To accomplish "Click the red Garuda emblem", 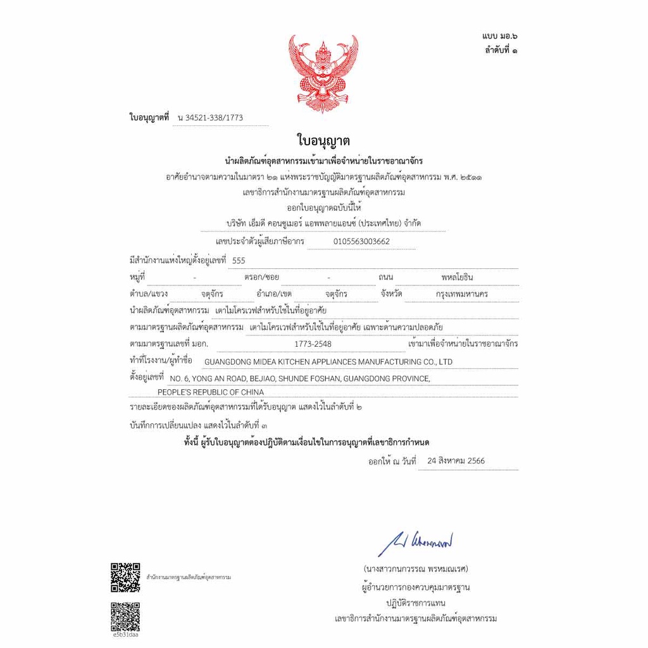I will click(323, 73).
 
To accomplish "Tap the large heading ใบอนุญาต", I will click(323, 140).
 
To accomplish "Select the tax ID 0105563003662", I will click(361, 241).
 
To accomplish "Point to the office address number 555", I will click(239, 260).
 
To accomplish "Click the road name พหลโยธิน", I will click(457, 277).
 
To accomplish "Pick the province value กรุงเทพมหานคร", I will click(462, 294).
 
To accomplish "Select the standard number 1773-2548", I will click(313, 344).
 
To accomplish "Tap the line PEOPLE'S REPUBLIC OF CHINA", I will click(211, 392).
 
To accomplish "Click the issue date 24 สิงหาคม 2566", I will click(456, 461).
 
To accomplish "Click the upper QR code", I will click(125, 577).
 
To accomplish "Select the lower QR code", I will click(125, 615).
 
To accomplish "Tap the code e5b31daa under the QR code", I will click(125, 634).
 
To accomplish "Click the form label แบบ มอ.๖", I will click(494, 36).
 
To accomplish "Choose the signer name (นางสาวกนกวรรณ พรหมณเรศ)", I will click(416, 568).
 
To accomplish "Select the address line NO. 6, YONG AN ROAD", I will click(296, 378).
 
